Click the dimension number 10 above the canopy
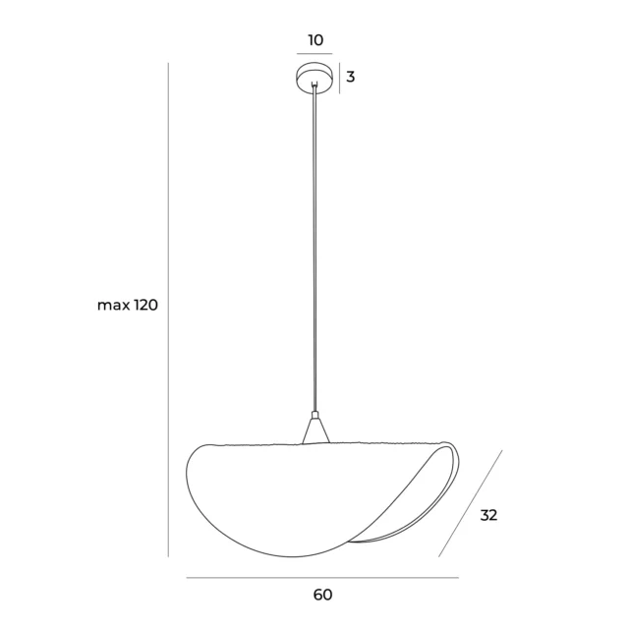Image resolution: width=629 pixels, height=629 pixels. pos(314,40)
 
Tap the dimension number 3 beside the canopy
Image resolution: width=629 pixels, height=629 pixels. pos(350,77)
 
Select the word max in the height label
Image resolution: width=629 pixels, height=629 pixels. pos(113,306)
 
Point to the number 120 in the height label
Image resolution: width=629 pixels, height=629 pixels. pos(145,306)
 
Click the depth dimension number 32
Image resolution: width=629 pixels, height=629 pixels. pos(488,515)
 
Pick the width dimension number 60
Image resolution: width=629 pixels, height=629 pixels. pos(322,595)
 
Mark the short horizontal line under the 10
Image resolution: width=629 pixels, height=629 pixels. pos(314,54)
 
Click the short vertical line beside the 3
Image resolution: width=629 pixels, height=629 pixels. pos(339,78)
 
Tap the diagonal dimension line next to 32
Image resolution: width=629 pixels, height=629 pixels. pos(470,503)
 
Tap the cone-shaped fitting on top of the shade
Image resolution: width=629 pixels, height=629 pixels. pos(314,430)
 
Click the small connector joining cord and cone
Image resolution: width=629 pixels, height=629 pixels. pos(314,414)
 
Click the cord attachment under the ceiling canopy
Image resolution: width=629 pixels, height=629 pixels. pos(314,89)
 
